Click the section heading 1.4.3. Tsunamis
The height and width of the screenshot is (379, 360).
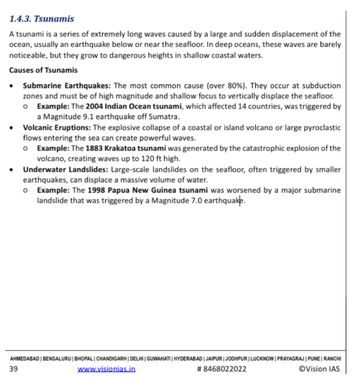pyautogui.click(x=42, y=19)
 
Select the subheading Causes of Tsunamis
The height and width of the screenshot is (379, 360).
pyautogui.click(x=43, y=71)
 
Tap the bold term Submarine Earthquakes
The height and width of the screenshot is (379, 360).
pyautogui.click(x=65, y=86)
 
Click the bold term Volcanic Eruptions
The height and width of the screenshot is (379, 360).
pyautogui.click(x=57, y=127)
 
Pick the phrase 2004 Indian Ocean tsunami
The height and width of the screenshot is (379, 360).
pyautogui.click(x=133, y=106)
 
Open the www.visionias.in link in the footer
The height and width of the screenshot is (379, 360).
pyautogui.click(x=106, y=369)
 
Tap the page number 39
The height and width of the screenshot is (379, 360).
pyautogui.click(x=13, y=369)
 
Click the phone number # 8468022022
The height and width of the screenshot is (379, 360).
pyautogui.click(x=221, y=369)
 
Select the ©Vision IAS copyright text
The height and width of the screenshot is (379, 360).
pyautogui.click(x=319, y=369)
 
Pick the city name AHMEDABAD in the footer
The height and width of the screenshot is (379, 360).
pyautogui.click(x=24, y=359)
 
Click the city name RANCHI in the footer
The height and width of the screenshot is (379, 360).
pyautogui.click(x=332, y=359)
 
